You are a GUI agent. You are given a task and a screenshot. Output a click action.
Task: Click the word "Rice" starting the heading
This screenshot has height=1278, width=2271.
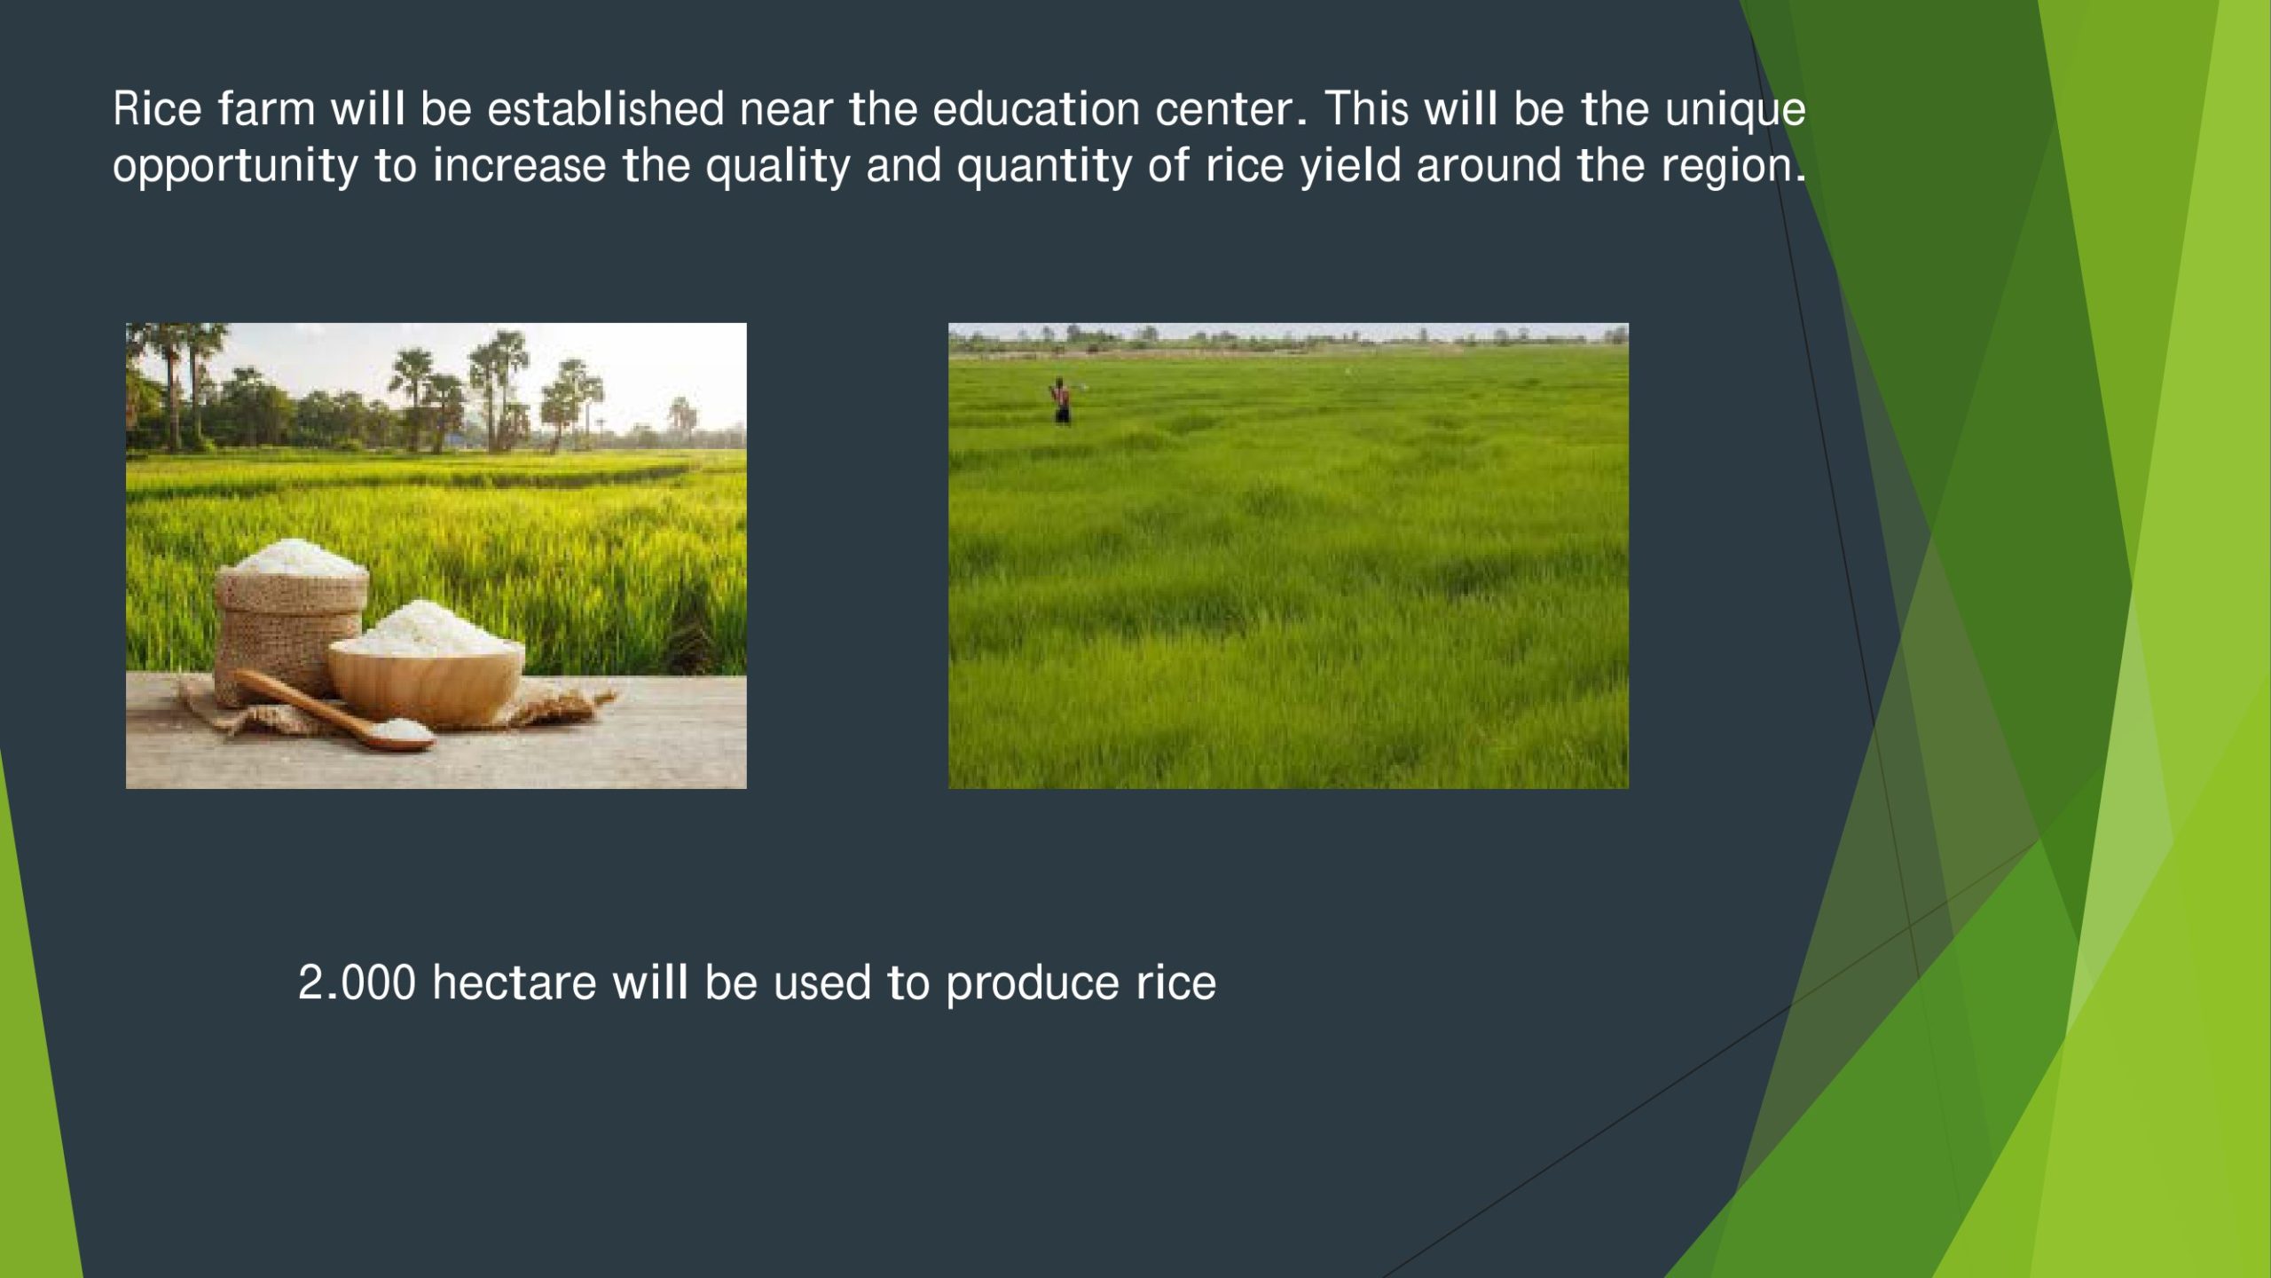point(157,109)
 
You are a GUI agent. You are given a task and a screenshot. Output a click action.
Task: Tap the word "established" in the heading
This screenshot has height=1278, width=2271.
point(605,109)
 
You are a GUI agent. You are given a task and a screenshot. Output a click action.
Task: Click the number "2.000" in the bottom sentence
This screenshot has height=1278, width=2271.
point(357,982)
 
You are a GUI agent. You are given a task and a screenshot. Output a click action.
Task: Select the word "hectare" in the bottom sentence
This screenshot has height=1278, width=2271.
point(515,982)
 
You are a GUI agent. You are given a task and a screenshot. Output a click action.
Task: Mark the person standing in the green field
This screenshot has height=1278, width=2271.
point(1060,401)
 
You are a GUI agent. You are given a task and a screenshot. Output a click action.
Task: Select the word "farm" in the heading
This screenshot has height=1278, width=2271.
point(266,109)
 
